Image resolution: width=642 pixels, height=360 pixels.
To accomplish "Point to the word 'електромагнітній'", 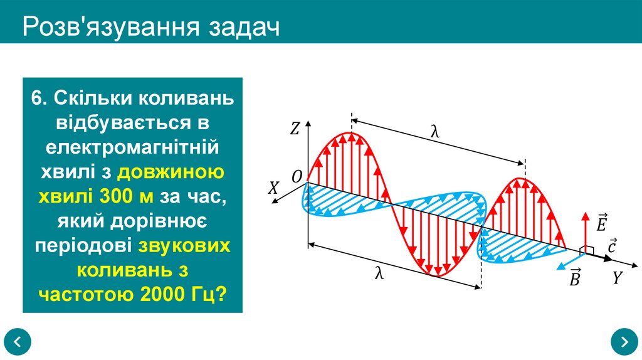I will pyautogui.click(x=132, y=149).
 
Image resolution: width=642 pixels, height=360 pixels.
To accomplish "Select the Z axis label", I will pyautogui.click(x=295, y=129).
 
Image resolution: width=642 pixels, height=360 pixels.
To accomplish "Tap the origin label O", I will pyautogui.click(x=297, y=176).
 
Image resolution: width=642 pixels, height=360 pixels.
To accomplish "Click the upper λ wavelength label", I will pyautogui.click(x=435, y=131).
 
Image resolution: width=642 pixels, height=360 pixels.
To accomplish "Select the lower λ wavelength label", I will pyautogui.click(x=379, y=274).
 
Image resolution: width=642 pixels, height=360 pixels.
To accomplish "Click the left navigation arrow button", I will pyautogui.click(x=18, y=342).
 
